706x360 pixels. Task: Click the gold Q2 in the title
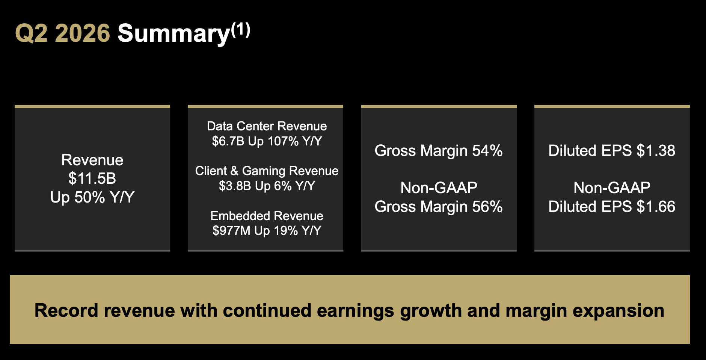coord(32,33)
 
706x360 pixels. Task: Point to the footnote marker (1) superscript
coord(240,30)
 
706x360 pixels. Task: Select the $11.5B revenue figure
coord(92,178)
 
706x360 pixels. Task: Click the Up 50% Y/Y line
coord(92,197)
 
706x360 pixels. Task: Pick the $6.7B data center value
coord(228,141)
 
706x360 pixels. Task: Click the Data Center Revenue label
coord(267,126)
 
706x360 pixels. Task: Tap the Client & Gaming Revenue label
coord(267,171)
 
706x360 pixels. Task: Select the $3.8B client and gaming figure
coord(235,186)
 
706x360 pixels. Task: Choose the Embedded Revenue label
coord(267,216)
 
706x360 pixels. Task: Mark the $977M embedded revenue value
coord(231,231)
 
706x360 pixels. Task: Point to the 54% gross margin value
coord(487,151)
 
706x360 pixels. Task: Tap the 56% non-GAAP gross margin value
coord(487,207)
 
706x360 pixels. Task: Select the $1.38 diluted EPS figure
coord(656,151)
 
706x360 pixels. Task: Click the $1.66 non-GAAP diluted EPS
coord(656,207)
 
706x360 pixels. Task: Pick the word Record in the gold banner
coord(66,311)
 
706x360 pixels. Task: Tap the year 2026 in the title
coord(83,33)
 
